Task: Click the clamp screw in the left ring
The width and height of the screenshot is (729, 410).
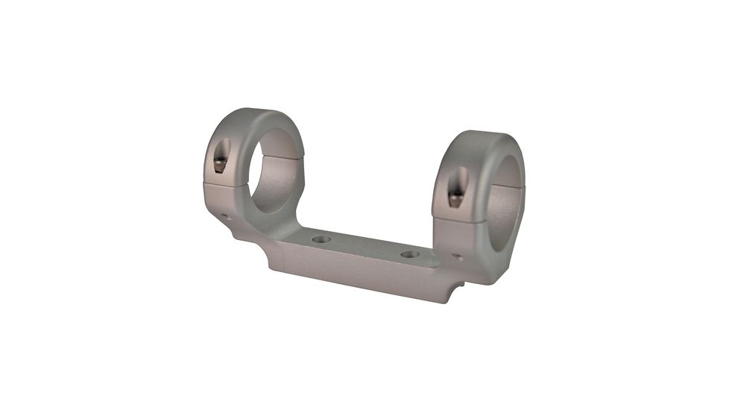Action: tap(218, 164)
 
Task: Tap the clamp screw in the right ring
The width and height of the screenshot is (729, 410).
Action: tap(455, 196)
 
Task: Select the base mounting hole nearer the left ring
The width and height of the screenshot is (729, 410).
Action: tap(321, 239)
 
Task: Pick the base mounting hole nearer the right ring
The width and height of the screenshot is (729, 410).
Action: tap(409, 254)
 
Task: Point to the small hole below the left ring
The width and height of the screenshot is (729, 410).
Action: tap(225, 217)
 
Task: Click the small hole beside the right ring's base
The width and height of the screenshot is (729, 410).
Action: tap(458, 257)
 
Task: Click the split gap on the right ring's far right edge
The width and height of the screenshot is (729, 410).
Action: tap(523, 186)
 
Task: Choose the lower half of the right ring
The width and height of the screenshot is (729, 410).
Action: tap(477, 239)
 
